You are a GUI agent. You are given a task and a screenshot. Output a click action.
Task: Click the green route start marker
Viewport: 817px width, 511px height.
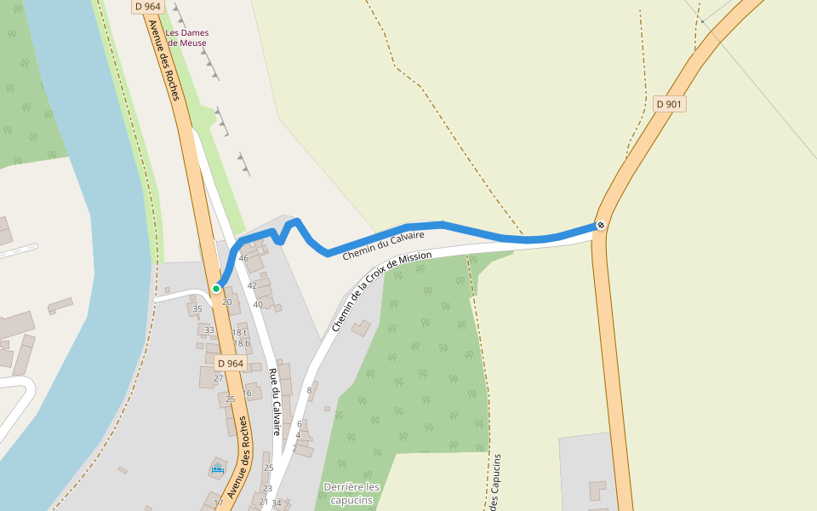(x=216, y=289)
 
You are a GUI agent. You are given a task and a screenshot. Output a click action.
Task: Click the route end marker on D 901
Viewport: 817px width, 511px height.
(x=601, y=225)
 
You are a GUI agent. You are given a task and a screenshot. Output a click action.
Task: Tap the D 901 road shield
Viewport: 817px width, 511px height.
(x=669, y=104)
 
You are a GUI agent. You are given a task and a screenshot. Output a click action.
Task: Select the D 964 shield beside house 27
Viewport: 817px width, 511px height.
(x=229, y=364)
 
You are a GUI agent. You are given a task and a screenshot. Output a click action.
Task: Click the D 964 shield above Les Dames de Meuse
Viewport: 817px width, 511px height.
(x=147, y=6)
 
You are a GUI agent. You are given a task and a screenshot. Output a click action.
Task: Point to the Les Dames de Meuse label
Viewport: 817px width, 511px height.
(x=186, y=37)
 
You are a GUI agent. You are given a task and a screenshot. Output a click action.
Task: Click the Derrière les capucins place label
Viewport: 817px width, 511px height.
(x=351, y=493)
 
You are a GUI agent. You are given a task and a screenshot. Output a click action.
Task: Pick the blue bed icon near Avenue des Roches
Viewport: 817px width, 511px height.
(x=217, y=468)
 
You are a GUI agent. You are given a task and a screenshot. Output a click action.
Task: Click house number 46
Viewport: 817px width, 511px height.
(x=243, y=258)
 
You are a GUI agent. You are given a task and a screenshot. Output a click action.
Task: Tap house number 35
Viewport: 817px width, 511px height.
(x=197, y=309)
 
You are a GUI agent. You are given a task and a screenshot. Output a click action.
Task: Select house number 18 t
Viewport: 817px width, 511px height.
(x=241, y=333)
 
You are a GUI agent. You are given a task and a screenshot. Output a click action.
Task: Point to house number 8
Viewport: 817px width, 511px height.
(x=309, y=390)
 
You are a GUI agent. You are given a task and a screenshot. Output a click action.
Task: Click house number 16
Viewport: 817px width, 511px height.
(x=246, y=393)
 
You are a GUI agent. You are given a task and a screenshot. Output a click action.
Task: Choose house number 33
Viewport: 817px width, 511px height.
(x=209, y=330)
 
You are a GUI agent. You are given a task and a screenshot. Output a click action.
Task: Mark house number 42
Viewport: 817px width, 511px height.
(x=252, y=286)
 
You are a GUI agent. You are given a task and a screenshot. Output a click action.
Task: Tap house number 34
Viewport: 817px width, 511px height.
(x=276, y=503)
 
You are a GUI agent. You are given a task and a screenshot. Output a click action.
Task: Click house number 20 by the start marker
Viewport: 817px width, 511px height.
(x=226, y=301)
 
